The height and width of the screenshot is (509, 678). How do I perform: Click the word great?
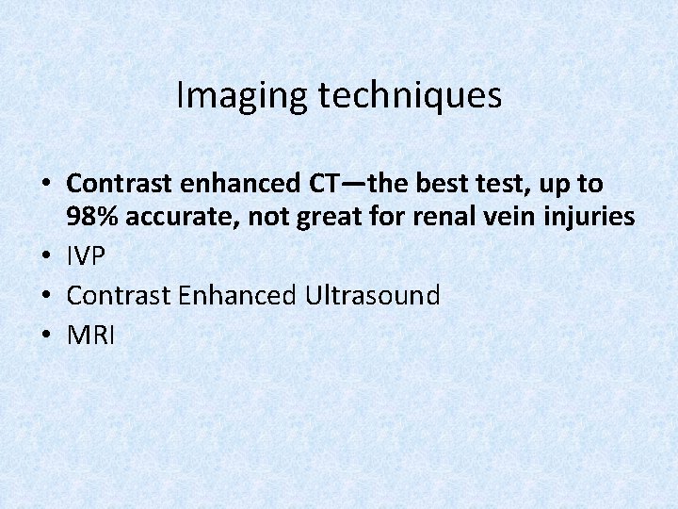(x=340, y=218)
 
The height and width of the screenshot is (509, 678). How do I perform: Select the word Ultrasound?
(x=372, y=296)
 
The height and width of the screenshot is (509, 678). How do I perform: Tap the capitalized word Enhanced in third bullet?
(x=235, y=296)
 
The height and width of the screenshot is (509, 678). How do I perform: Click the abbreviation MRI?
(x=91, y=336)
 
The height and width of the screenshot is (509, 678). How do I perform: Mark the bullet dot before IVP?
(x=46, y=257)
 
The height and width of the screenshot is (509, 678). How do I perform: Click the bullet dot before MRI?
(x=46, y=337)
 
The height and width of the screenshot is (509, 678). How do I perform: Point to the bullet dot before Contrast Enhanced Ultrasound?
(x=46, y=297)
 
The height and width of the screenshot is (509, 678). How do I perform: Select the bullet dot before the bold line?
(x=46, y=185)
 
